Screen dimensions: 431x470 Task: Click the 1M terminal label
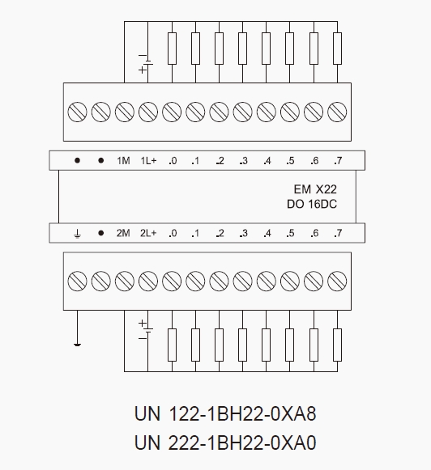(123, 161)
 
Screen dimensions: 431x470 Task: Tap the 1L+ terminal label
(148, 161)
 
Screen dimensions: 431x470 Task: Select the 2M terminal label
(123, 233)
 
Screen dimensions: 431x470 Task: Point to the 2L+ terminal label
(148, 233)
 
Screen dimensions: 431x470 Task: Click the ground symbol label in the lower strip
(77, 234)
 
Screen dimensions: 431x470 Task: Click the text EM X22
(315, 189)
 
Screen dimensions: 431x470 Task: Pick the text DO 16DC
(312, 204)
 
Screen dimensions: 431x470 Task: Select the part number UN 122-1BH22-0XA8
(225, 414)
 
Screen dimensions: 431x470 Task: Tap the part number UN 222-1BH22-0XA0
(225, 442)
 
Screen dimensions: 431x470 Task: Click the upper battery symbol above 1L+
(147, 62)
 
